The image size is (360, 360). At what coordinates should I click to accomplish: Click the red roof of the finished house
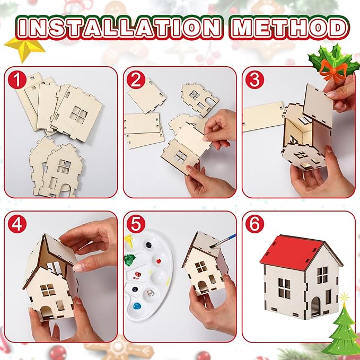(289, 251)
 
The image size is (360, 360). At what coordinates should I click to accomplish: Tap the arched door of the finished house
(315, 308)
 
